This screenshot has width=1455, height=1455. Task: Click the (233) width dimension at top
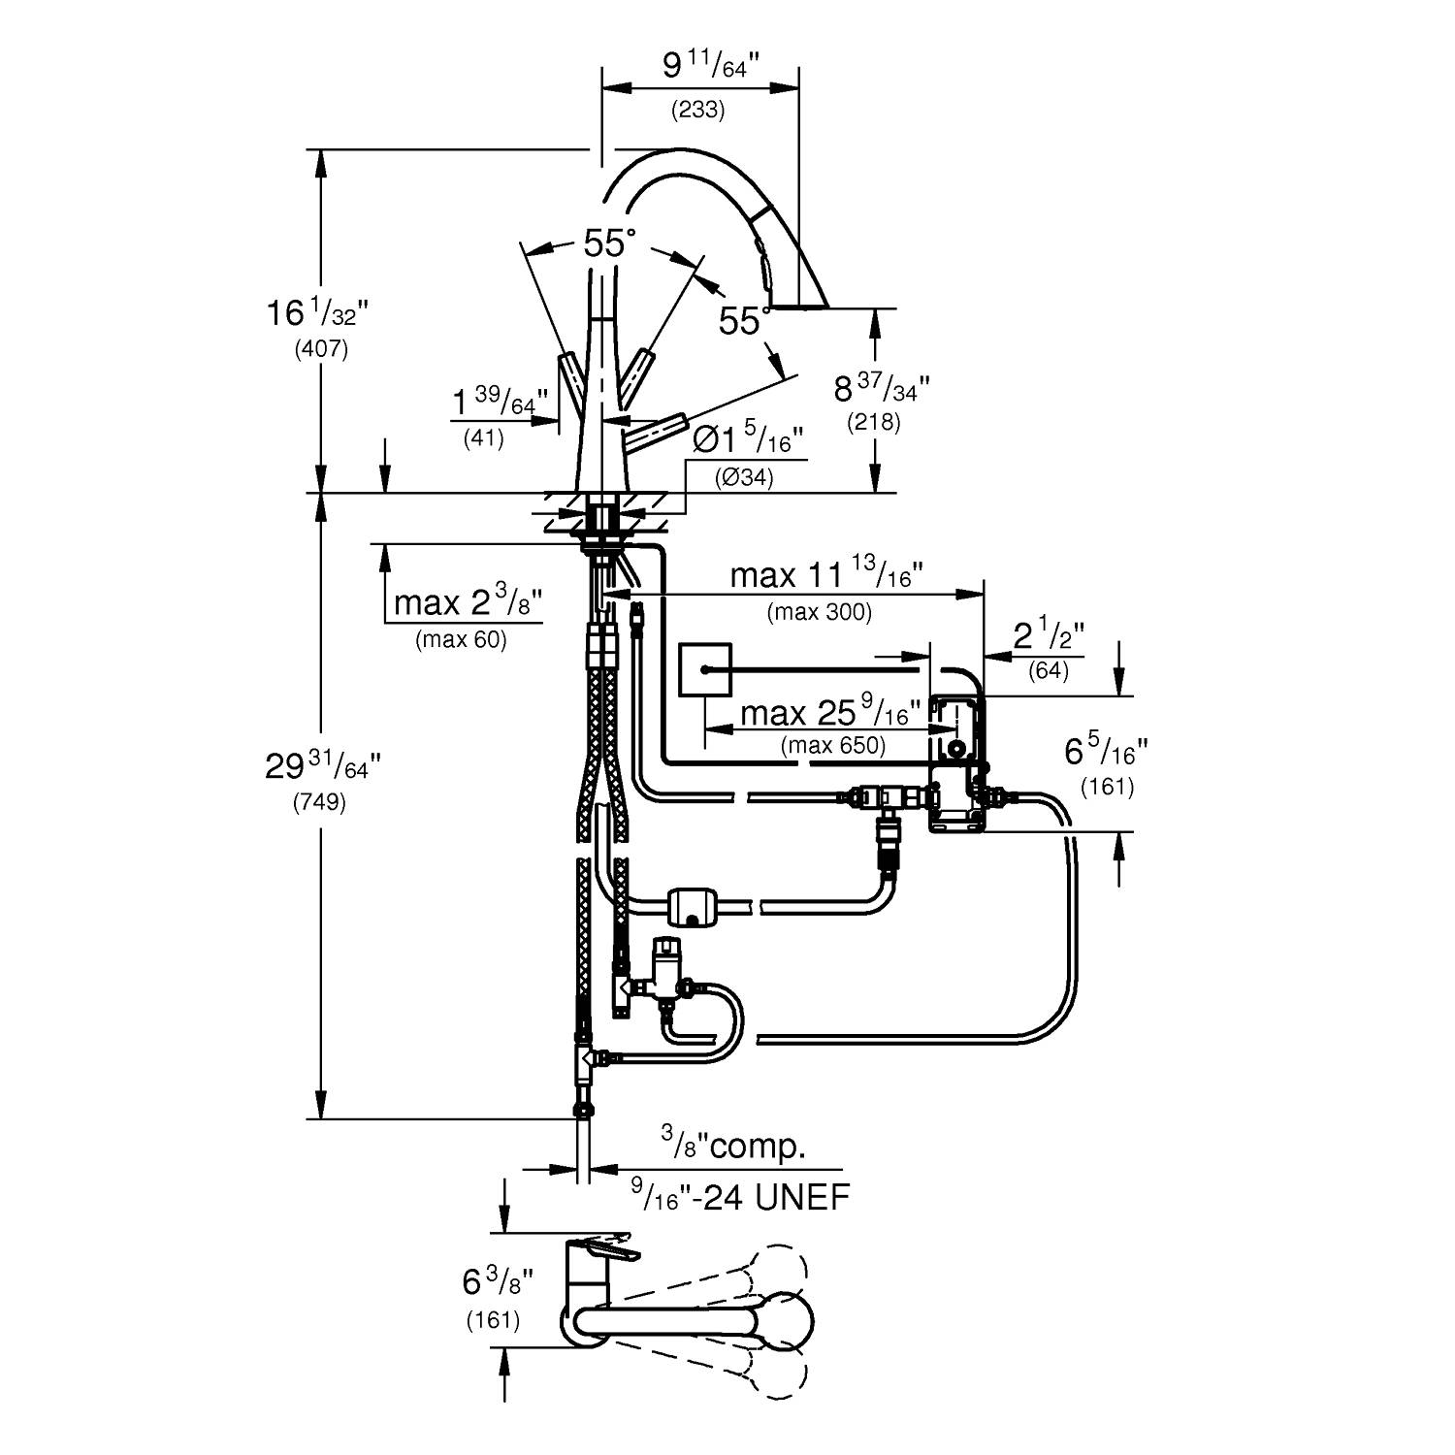click(x=698, y=110)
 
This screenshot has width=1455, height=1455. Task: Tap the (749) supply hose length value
click(x=320, y=803)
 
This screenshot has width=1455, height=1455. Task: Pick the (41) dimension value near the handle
click(x=483, y=438)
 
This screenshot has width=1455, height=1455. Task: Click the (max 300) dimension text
click(x=819, y=612)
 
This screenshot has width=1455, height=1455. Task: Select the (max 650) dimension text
click(x=833, y=745)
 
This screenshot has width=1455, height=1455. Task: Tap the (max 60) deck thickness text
click(x=461, y=640)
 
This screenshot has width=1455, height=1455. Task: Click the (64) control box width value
click(x=1049, y=670)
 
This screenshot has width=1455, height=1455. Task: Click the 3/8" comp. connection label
click(x=734, y=1147)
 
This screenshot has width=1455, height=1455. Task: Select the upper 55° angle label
click(x=609, y=243)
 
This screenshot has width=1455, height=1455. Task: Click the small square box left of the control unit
click(x=702, y=670)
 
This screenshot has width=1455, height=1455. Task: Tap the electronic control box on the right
click(x=957, y=763)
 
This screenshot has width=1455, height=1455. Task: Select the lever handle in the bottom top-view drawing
click(x=601, y=1251)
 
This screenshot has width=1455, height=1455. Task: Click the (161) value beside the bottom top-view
click(x=493, y=1320)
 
